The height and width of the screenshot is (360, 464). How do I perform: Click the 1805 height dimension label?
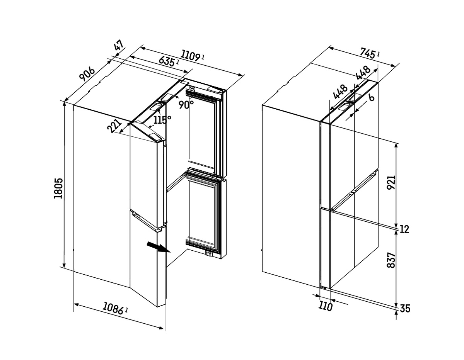pyautogui.click(x=58, y=188)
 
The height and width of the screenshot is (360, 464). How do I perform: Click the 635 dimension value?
pyautogui.click(x=167, y=61)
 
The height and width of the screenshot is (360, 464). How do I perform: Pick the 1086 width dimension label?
pyautogui.click(x=113, y=308)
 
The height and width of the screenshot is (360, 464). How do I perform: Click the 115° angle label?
pyautogui.click(x=162, y=120)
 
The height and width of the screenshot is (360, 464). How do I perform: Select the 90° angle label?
pyautogui.click(x=186, y=105)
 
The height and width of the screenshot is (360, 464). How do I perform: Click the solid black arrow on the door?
pyautogui.click(x=159, y=247)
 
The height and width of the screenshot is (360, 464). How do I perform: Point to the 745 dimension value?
pyautogui.click(x=367, y=53)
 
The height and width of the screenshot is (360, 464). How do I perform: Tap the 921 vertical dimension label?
pyautogui.click(x=391, y=183)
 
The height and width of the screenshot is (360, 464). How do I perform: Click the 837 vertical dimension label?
pyautogui.click(x=391, y=260)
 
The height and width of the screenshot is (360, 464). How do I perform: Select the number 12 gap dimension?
pyautogui.click(x=404, y=229)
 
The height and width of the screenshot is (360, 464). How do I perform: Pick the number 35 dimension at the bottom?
pyautogui.click(x=405, y=309)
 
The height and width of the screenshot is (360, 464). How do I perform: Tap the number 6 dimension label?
pyautogui.click(x=372, y=98)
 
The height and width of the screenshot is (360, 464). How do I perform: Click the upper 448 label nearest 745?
pyautogui.click(x=363, y=73)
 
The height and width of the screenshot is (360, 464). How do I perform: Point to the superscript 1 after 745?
pyautogui.click(x=378, y=54)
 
